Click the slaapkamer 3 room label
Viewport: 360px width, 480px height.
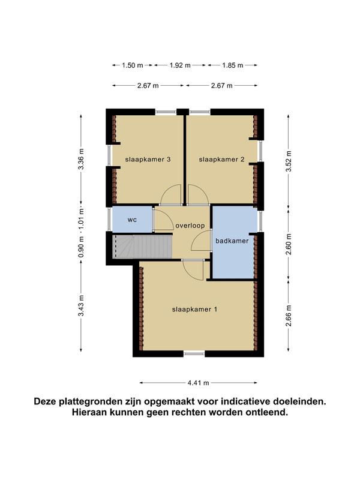click(148, 160)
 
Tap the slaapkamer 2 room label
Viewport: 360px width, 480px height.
click(221, 160)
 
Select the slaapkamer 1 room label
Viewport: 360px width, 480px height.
click(194, 310)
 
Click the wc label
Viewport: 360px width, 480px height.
click(132, 220)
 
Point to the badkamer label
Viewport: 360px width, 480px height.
click(232, 241)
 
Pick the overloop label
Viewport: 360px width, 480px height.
click(190, 226)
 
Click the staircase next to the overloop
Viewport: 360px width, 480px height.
click(142, 247)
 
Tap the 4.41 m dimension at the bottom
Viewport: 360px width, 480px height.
click(199, 383)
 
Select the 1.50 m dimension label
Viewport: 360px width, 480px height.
click(133, 65)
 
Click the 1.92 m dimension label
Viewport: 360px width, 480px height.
click(181, 65)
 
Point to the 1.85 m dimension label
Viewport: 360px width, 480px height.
click(233, 65)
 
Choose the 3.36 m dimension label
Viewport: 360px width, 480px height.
click(81, 159)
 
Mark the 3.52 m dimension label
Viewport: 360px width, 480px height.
click(289, 161)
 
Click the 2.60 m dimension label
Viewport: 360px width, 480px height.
click(289, 244)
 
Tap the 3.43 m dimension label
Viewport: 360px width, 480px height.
click(81, 306)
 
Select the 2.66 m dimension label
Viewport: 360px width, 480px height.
click(289, 316)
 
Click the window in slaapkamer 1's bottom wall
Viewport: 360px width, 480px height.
click(194, 353)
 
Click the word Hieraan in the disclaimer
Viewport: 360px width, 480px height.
click(89, 412)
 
